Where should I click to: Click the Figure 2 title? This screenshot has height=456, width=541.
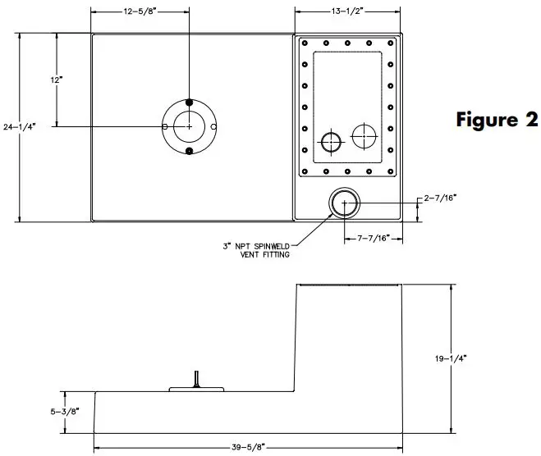click(x=497, y=120)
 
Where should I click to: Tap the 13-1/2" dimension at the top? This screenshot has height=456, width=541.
click(x=348, y=12)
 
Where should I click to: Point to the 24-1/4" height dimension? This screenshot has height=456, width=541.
click(x=19, y=127)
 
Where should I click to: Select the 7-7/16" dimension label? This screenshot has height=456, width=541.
click(x=374, y=238)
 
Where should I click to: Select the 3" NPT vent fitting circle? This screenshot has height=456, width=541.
click(x=343, y=202)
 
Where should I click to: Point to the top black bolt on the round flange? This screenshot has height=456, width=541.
click(x=190, y=102)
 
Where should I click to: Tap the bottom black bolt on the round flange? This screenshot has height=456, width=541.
click(x=190, y=152)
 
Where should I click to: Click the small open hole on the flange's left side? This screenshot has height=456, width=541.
click(x=165, y=126)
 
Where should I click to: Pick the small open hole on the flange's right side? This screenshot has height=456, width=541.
click(x=214, y=126)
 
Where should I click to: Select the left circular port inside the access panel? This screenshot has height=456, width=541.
click(x=330, y=143)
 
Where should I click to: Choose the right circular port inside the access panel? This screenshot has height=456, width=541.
click(x=363, y=135)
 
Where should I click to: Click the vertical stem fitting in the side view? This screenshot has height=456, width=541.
click(x=196, y=379)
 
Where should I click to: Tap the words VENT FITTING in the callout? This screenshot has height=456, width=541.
click(x=264, y=254)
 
